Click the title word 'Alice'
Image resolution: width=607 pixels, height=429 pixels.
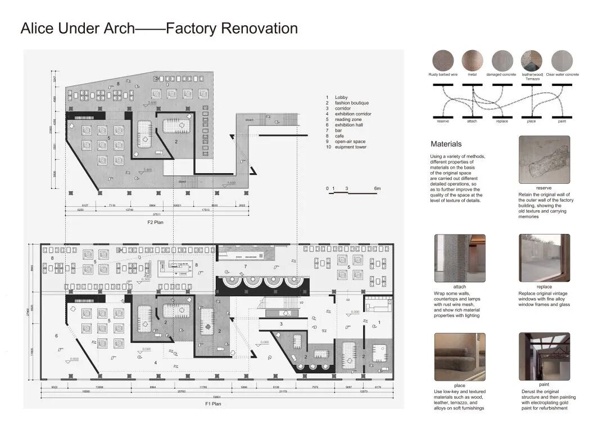(x=39, y=28)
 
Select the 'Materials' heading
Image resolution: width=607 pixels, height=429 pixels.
(x=446, y=144)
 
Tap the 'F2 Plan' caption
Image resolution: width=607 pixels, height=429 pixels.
(x=155, y=223)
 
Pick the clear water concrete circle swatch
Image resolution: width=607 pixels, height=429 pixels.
(x=562, y=60)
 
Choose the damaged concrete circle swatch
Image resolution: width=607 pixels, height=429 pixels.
(x=501, y=60)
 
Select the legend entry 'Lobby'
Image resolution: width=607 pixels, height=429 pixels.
(x=341, y=97)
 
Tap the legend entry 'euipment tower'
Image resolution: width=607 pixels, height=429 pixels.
(x=351, y=147)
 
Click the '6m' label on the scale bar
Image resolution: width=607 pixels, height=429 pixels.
(x=378, y=188)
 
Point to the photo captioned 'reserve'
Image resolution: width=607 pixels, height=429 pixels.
(x=544, y=160)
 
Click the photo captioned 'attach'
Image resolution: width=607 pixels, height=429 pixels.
(x=459, y=258)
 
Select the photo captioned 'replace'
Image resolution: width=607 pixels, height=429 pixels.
(x=544, y=258)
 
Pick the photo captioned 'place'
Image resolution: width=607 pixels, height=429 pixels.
(x=459, y=357)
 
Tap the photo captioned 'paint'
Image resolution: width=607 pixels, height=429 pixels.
(x=544, y=357)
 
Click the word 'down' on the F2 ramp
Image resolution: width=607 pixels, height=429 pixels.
(x=250, y=120)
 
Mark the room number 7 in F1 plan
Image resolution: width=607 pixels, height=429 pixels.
(x=245, y=265)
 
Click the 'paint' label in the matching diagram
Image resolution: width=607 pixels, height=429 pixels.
(x=561, y=121)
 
